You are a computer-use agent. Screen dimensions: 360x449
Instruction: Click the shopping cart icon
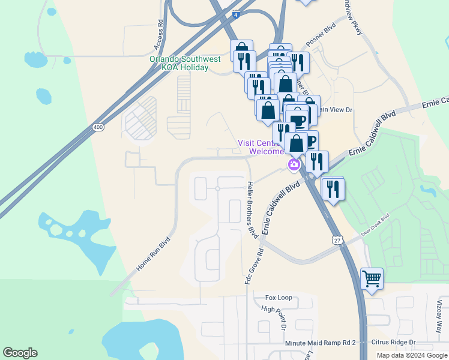372,278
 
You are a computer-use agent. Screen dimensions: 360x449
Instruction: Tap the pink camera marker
294,164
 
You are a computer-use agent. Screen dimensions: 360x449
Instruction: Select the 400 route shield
98,127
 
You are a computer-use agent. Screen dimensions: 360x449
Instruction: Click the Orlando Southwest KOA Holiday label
179,63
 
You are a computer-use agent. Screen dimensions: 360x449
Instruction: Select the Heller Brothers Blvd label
250,208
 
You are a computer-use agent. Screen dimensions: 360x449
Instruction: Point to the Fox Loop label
279,298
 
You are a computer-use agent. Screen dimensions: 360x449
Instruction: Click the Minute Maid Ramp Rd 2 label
321,342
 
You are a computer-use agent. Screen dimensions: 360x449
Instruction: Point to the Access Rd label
160,35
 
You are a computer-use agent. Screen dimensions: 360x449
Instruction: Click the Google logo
20,353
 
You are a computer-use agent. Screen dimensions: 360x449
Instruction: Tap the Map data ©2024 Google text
412,355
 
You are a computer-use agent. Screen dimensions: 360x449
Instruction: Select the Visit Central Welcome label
263,147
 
